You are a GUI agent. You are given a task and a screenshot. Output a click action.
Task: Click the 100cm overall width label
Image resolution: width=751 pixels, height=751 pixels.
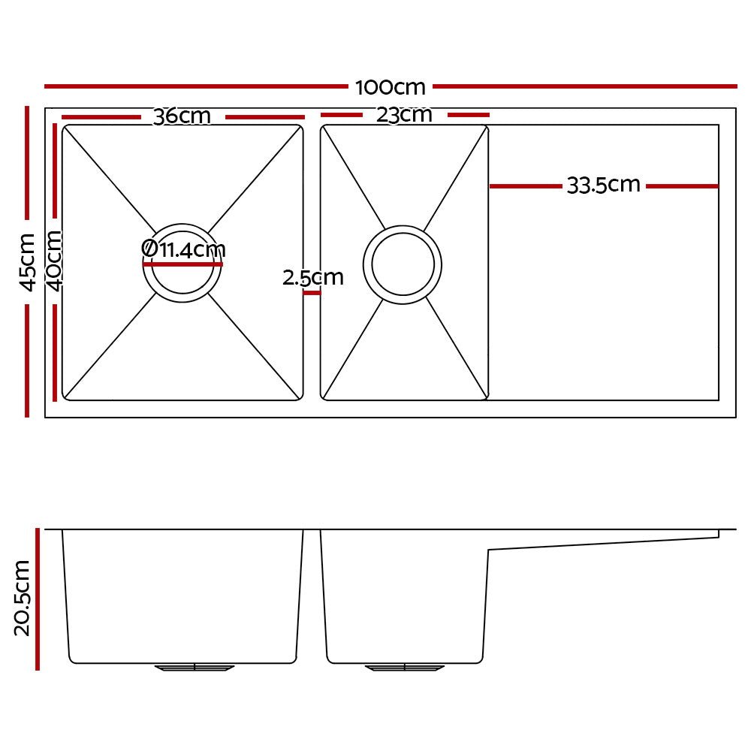[x=391, y=87]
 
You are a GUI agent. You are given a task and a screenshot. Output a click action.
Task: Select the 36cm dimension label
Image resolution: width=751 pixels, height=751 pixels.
[x=182, y=117]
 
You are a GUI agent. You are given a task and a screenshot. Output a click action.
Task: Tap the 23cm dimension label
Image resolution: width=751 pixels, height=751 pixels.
[x=405, y=115]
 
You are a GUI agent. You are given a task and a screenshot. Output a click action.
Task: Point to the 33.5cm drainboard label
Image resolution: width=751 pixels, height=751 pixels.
[x=603, y=185]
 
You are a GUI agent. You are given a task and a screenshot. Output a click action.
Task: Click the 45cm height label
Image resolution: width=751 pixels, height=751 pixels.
[x=27, y=261]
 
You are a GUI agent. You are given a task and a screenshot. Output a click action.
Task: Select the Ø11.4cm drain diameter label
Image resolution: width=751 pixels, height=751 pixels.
[x=183, y=249]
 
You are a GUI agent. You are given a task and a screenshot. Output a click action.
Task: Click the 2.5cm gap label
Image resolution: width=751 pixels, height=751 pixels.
[x=313, y=278]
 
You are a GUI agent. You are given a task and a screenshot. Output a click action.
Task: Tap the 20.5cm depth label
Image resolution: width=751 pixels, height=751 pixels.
[x=23, y=598]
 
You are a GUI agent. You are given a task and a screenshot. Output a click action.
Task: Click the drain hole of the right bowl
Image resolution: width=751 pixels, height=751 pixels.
[x=402, y=264]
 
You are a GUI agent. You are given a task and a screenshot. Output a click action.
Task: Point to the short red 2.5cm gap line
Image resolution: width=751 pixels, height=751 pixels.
[x=312, y=293]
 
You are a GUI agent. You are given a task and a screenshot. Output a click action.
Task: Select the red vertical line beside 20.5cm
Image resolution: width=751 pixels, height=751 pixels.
[x=38, y=598]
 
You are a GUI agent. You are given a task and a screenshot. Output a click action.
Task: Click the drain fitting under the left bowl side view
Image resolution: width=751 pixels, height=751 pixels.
[x=195, y=667]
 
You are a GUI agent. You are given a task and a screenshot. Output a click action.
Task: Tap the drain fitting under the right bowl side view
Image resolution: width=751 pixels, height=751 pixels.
[x=405, y=667]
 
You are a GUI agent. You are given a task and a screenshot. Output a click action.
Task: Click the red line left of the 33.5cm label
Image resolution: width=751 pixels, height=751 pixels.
[x=525, y=185]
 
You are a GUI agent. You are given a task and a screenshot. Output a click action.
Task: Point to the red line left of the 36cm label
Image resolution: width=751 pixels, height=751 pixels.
[x=101, y=117]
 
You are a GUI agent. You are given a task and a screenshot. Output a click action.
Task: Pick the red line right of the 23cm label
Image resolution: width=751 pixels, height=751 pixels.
[x=468, y=115]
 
